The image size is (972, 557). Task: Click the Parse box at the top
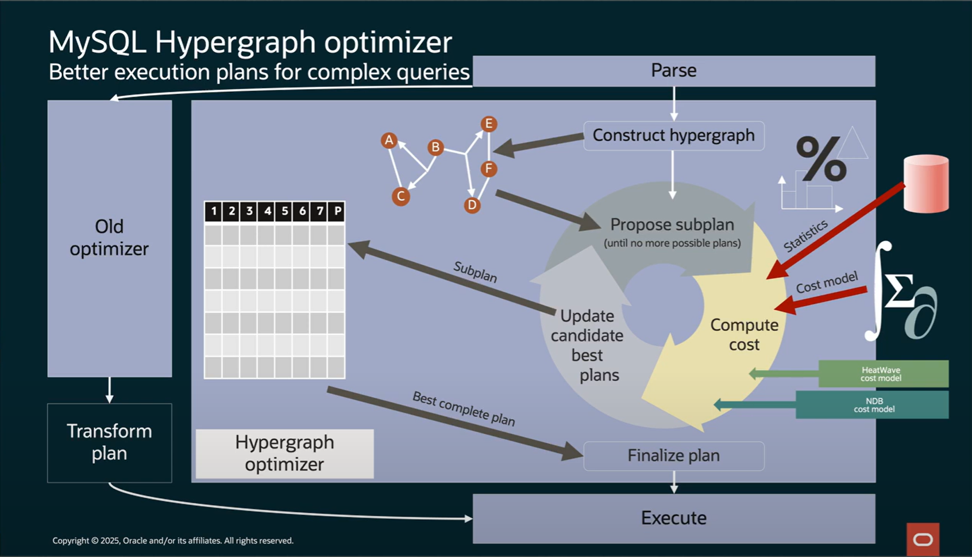tap(673, 71)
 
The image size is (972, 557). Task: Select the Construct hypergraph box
tap(673, 136)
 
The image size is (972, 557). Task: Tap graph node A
tap(389, 140)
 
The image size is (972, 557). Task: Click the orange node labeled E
tap(488, 123)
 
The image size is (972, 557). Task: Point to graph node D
tap(472, 205)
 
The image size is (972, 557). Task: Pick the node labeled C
tap(400, 196)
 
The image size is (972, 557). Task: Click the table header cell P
tap(337, 211)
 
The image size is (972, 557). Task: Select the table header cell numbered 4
tap(267, 211)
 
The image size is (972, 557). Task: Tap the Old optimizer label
tap(109, 237)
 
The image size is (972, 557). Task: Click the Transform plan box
tap(109, 442)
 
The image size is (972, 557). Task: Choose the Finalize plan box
tap(673, 456)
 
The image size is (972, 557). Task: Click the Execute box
tap(673, 518)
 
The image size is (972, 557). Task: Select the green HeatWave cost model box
tap(882, 374)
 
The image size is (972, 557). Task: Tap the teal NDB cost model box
tap(873, 405)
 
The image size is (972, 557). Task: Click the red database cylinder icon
tap(925, 184)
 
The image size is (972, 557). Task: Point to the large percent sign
tap(821, 159)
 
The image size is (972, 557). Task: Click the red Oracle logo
tap(923, 539)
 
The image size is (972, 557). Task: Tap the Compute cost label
tap(744, 334)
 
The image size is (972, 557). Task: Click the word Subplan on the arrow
tap(475, 272)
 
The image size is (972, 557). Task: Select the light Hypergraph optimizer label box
tap(284, 454)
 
